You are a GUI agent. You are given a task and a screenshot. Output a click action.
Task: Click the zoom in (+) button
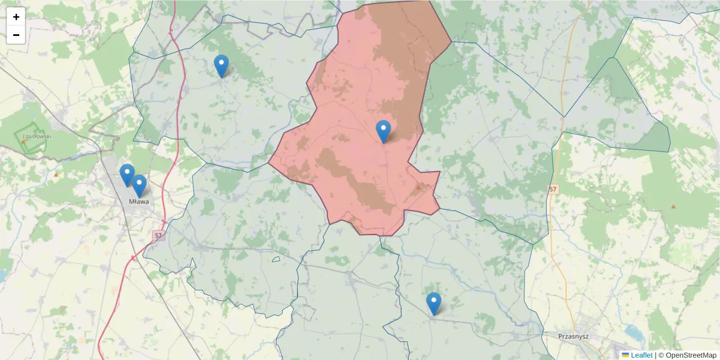[x=16, y=17]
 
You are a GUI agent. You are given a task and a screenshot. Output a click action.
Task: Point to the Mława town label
[x=139, y=202]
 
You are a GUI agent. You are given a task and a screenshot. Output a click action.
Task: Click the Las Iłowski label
[x=37, y=136]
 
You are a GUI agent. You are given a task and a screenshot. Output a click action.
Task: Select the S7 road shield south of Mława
[x=158, y=236]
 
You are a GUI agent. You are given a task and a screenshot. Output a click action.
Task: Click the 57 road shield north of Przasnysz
[x=553, y=190]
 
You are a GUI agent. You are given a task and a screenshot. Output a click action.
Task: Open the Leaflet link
[x=641, y=355]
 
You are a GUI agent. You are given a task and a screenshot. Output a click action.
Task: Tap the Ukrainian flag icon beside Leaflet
[x=625, y=355]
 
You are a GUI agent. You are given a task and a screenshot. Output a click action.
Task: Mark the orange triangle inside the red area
[x=419, y=187]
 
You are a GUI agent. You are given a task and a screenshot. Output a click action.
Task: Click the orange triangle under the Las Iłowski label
[x=23, y=142]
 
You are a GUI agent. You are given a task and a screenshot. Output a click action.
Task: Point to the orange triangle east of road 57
[x=673, y=207]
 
